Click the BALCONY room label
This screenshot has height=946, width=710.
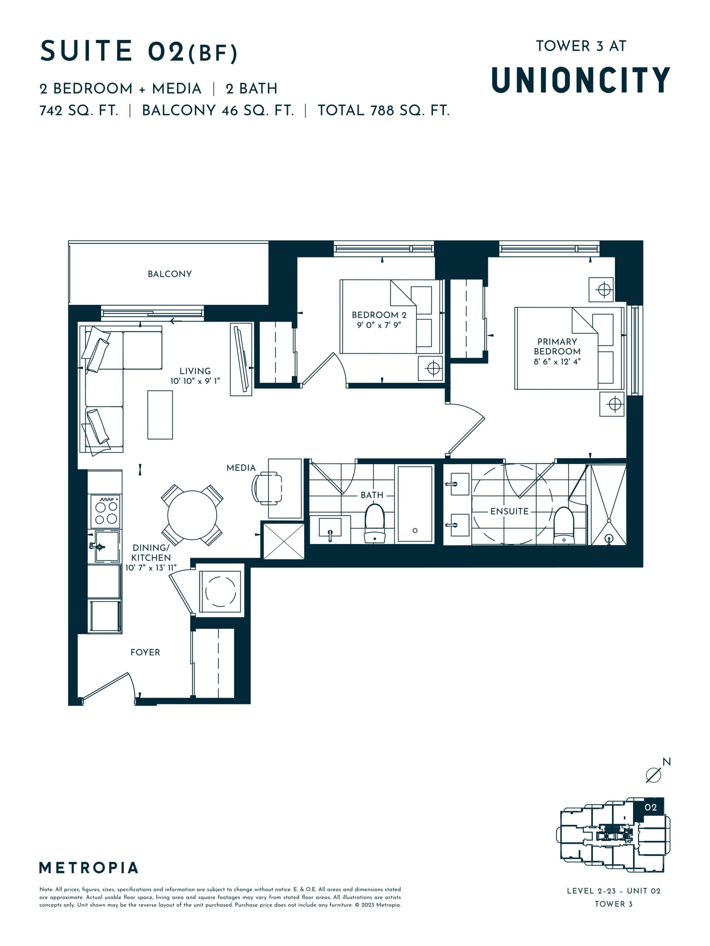[x=169, y=274]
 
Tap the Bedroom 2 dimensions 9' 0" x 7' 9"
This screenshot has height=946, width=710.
[x=379, y=325]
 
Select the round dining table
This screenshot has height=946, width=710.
[x=192, y=515]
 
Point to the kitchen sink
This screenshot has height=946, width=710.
[x=106, y=546]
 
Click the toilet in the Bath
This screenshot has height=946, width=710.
[x=374, y=523]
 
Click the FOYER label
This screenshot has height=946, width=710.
[x=145, y=652]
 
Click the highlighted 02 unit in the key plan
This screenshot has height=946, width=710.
[x=650, y=807]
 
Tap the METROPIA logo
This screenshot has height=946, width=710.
[x=89, y=868]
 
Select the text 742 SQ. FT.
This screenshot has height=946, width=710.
[x=79, y=111]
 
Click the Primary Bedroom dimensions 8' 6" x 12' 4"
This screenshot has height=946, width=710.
[x=557, y=361]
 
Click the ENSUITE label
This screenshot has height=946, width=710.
[x=509, y=511]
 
